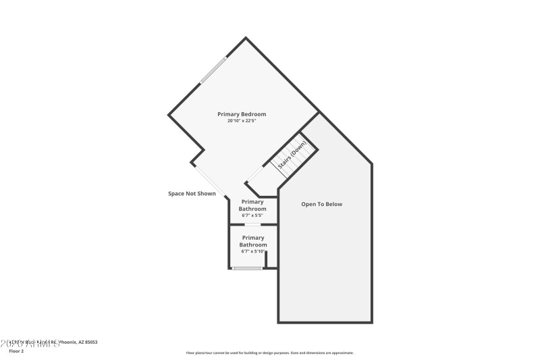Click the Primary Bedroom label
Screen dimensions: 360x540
(x=241, y=114)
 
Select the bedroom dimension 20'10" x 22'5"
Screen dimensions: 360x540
(x=241, y=121)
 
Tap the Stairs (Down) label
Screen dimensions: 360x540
(x=292, y=154)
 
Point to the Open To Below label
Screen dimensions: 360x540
(x=321, y=204)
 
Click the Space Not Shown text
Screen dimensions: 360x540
(x=192, y=194)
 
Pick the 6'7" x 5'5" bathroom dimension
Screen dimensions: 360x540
(x=252, y=215)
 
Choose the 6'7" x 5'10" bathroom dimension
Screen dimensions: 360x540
(x=253, y=251)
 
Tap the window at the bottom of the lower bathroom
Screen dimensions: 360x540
(x=248, y=268)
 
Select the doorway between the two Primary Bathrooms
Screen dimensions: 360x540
(x=253, y=224)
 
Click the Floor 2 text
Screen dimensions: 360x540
(x=16, y=351)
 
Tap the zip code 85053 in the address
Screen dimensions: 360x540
(x=91, y=342)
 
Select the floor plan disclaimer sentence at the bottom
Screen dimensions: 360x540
(x=269, y=353)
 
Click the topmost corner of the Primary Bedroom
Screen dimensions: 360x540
(x=246, y=37)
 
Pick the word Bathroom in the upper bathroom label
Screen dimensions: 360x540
(x=252, y=209)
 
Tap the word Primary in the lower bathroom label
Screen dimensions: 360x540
(x=253, y=238)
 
